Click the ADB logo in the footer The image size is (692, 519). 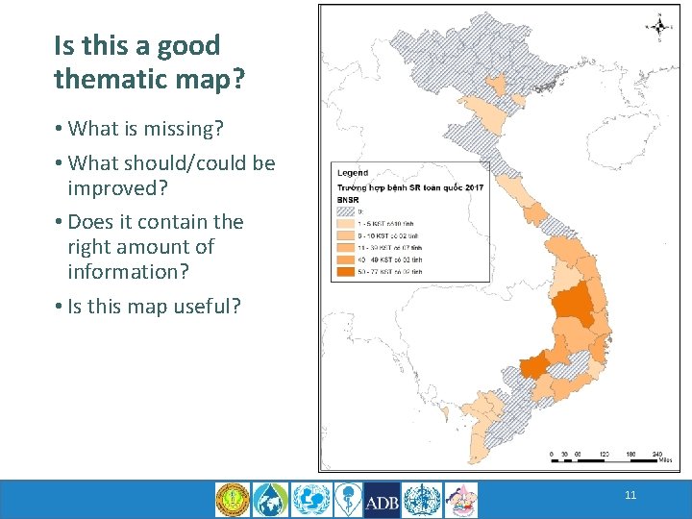[383, 500]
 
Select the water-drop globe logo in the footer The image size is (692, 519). [269, 500]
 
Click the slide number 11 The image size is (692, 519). [630, 496]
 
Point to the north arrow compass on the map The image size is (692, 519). [660, 27]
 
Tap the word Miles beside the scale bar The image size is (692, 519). [662, 463]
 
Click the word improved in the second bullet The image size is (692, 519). [108, 188]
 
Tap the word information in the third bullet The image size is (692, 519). [128, 272]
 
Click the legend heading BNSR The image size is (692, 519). [347, 198]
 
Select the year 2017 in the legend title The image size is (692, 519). [472, 185]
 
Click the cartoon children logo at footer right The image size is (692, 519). [460, 500]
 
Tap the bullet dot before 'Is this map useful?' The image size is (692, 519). [59, 308]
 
